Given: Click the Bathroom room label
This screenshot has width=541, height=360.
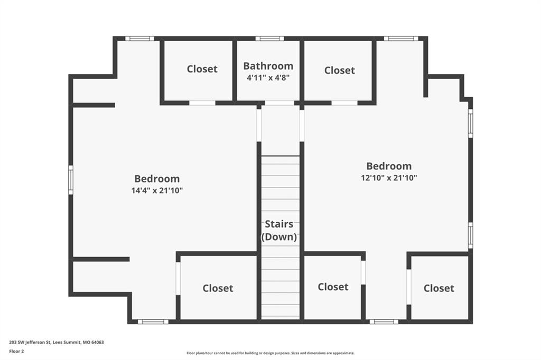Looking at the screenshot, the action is tap(268, 66).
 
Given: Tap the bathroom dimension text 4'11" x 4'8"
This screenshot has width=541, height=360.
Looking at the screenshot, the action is tap(268, 78).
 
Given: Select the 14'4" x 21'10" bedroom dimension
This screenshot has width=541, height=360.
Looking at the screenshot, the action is tap(157, 191).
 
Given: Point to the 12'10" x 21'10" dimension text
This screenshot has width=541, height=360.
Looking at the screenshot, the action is tap(389, 178).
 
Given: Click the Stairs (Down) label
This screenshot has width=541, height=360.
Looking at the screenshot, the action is tap(279, 230).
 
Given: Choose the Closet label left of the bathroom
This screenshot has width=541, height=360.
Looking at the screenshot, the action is tap(202, 69).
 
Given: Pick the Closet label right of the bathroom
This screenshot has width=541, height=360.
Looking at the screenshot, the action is tap(340, 70).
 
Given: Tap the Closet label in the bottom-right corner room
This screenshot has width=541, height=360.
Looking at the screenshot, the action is tap(439, 288).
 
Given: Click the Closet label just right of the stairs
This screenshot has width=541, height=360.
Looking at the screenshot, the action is tap(333, 287).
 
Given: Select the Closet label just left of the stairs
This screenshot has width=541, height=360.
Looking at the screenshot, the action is tap(218, 288).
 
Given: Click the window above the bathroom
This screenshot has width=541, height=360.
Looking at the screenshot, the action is tap(269, 39).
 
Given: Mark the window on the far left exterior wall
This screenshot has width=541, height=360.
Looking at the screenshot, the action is tap(71, 179).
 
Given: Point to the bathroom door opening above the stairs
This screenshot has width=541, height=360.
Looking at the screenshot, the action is tap(279, 103).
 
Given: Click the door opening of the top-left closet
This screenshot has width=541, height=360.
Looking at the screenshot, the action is tap(202, 103).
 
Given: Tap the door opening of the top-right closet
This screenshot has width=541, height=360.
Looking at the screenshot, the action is tap(344, 103).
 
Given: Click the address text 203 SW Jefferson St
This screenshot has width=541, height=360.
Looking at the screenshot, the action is tap(30, 343).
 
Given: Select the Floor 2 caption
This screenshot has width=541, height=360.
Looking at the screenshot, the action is tap(16, 352).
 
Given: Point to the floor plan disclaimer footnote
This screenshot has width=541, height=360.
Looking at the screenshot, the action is tap(270, 353).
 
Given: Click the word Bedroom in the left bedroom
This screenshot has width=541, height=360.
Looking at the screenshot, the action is tap(157, 178).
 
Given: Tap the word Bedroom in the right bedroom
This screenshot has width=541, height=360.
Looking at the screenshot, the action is tap(389, 166).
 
